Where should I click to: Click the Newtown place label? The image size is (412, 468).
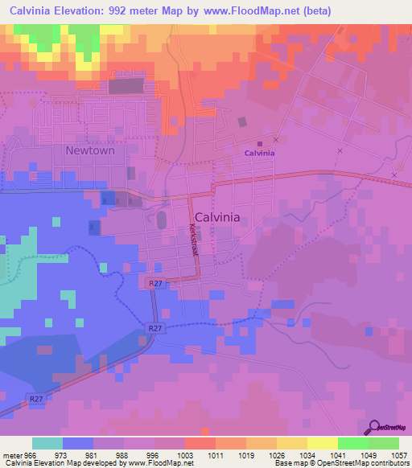[90, 150]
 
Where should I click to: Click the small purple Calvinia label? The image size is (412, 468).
[259, 153]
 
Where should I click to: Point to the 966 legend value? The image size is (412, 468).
[28, 456]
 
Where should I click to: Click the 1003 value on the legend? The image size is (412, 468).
[184, 456]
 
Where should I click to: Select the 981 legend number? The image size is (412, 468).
[90, 456]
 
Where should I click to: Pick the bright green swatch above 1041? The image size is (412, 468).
[353, 444]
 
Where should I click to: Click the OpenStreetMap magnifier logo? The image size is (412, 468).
[375, 427]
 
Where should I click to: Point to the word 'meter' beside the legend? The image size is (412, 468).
[10, 456]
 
